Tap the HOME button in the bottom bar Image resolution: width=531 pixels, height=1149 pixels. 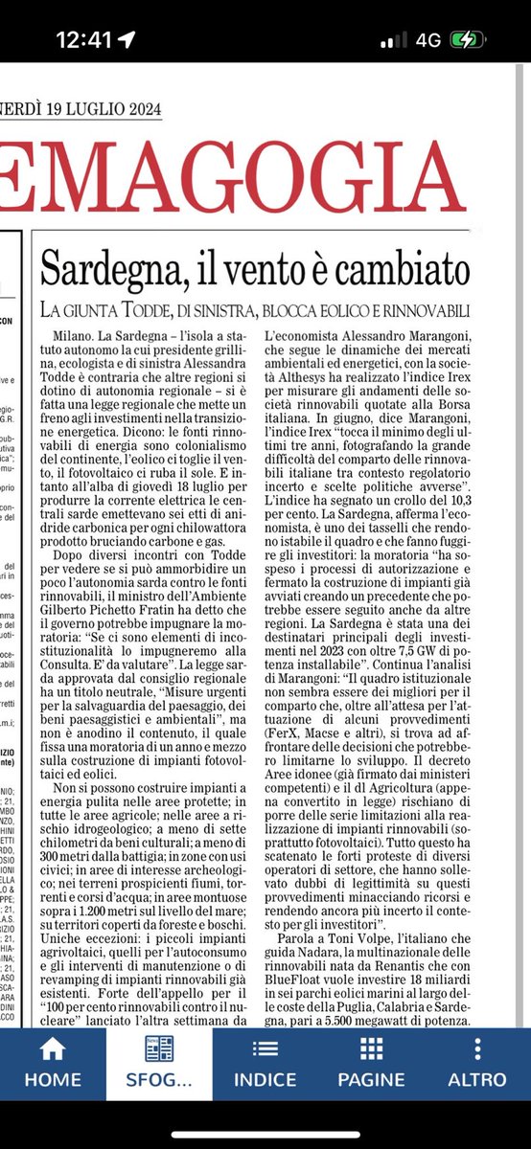point(52,1061)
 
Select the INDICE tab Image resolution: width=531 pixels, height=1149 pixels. point(264,1061)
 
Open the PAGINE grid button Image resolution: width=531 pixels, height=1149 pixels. point(370,1061)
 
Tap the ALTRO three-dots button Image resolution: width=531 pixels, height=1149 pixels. point(477,1061)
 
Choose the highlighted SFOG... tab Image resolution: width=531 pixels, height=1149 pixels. point(158,1061)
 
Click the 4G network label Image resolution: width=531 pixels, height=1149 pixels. point(423,42)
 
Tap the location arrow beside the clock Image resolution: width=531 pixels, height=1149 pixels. point(126,42)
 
